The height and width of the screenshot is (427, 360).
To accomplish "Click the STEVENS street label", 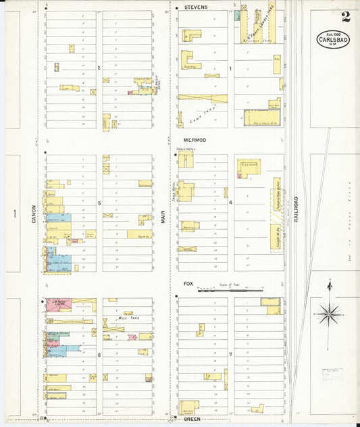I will [x=195, y=7].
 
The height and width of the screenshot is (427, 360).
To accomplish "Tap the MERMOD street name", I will [x=193, y=140].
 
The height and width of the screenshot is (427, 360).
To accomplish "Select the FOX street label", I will [x=188, y=284].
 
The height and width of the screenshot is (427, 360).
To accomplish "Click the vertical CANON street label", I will [x=32, y=214].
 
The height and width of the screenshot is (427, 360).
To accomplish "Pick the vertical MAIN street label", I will [x=163, y=215].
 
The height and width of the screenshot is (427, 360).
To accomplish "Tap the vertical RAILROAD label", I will [x=296, y=207].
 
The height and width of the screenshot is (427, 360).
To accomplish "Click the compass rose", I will [x=329, y=312].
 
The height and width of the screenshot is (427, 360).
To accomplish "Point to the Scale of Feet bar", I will [x=230, y=290].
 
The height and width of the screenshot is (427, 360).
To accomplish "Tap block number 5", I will [x=99, y=203].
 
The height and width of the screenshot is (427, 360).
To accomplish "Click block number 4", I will [x=230, y=203].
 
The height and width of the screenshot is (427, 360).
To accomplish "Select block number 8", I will [x=99, y=354].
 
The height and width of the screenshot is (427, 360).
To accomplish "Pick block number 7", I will [x=230, y=354].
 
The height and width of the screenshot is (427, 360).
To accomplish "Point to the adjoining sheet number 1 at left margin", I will [x=13, y=214].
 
